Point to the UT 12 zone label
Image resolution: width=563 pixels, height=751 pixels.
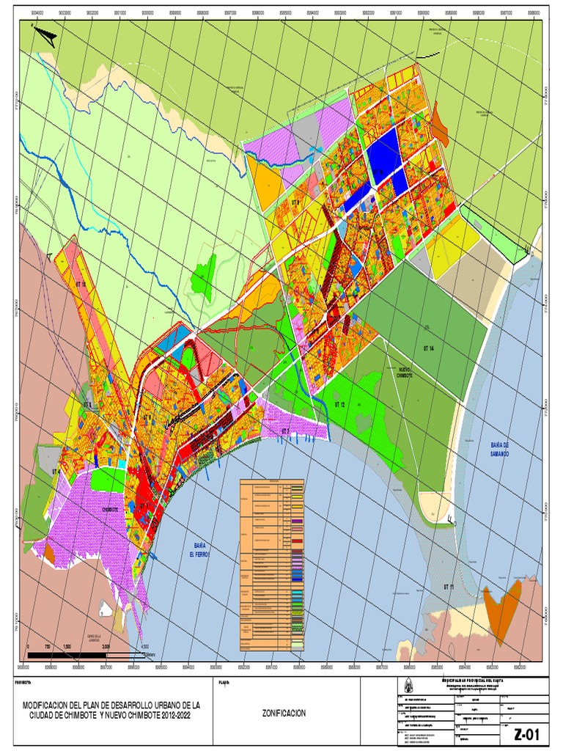click(x=339, y=404)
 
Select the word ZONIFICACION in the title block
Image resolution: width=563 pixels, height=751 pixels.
click(x=285, y=713)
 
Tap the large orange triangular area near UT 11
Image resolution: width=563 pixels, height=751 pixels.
click(x=501, y=604)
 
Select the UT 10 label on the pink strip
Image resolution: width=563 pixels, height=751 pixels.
click(x=81, y=283)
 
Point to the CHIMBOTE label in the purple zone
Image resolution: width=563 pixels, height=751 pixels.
click(x=110, y=508)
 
